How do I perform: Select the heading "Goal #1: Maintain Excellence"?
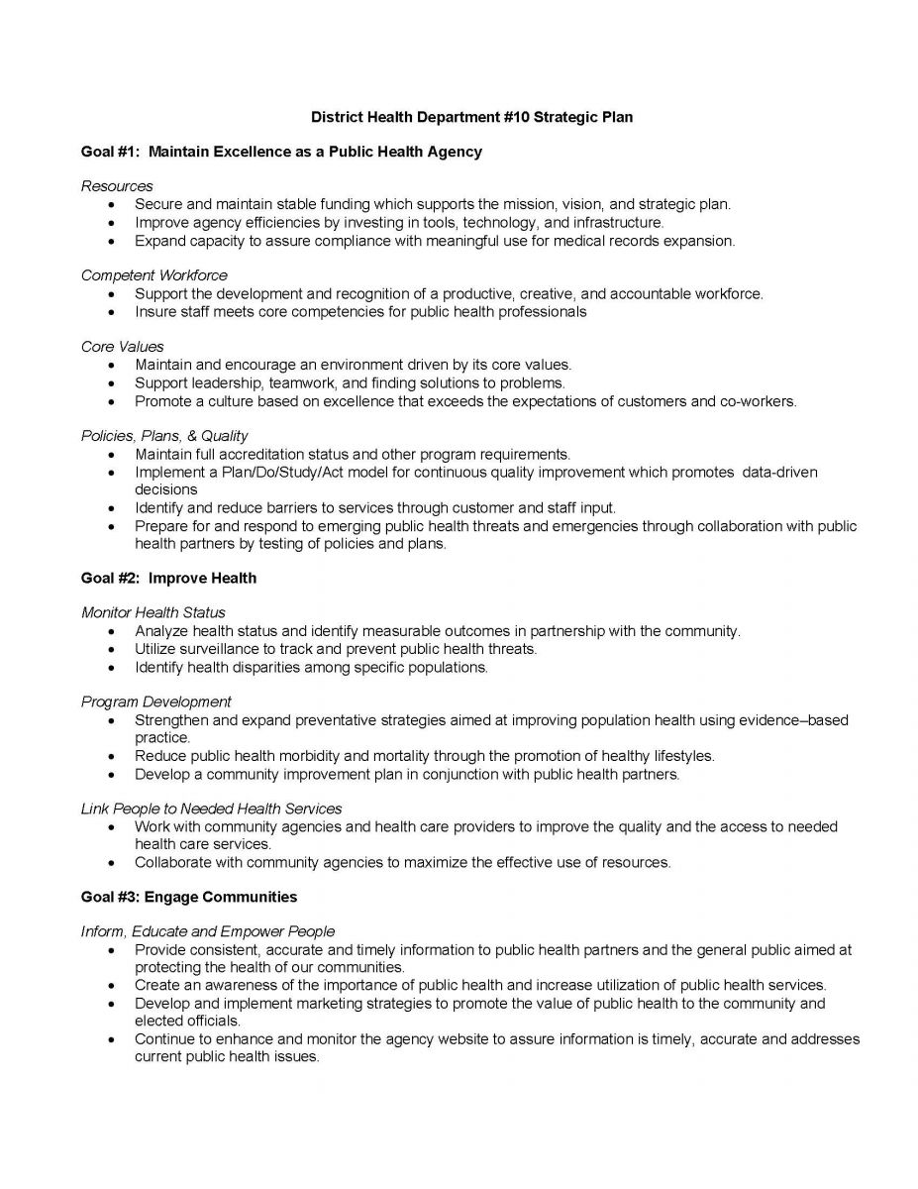coord(281,152)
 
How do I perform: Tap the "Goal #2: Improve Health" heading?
coord(168,578)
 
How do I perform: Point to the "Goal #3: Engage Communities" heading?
coord(189,897)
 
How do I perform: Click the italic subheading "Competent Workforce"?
coord(154,275)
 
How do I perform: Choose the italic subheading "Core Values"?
coord(123,347)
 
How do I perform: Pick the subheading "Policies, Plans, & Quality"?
coord(164,436)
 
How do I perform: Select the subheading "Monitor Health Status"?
coord(153,612)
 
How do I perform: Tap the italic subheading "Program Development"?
coord(156,702)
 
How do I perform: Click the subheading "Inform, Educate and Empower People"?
coord(208,931)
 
